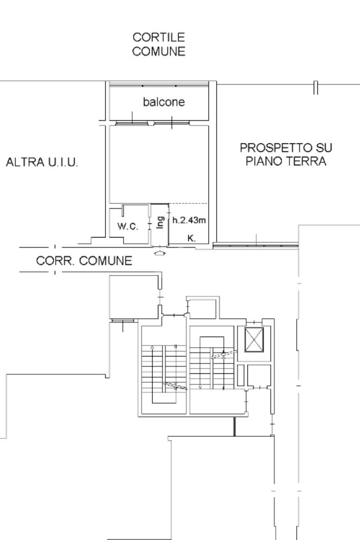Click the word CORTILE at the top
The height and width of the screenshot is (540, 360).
(159, 37)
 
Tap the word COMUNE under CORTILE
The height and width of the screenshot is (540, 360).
(159, 51)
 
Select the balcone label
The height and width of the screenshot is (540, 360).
(163, 102)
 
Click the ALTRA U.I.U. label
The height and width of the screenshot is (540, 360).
(42, 162)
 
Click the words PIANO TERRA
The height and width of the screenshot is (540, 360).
(286, 161)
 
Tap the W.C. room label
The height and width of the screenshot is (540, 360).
(128, 226)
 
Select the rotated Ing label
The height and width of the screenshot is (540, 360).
(160, 222)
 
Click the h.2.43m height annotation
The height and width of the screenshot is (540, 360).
(189, 220)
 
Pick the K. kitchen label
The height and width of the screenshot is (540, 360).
(191, 238)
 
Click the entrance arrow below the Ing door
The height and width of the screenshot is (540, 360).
(160, 253)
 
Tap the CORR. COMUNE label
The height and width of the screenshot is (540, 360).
(84, 261)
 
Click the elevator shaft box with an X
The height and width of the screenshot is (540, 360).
(254, 340)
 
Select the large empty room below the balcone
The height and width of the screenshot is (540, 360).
(159, 164)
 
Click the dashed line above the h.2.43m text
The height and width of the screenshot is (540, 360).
(189, 203)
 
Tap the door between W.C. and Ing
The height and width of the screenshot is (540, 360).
(150, 224)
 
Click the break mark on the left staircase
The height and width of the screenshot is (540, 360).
(176, 386)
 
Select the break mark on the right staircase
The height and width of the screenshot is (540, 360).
(224, 355)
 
